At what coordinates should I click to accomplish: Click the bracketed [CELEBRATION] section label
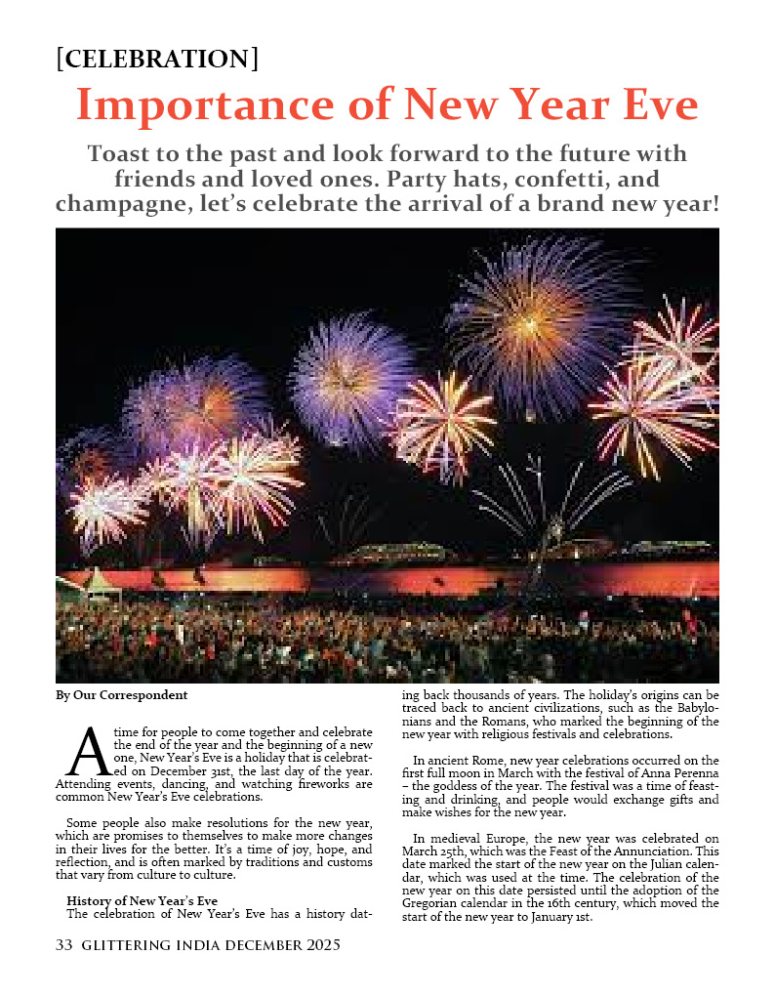[157, 59]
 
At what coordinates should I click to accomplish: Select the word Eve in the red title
[657, 104]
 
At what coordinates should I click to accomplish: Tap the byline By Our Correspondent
[121, 695]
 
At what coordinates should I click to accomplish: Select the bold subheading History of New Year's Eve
[142, 900]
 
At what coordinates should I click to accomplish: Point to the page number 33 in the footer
[65, 945]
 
